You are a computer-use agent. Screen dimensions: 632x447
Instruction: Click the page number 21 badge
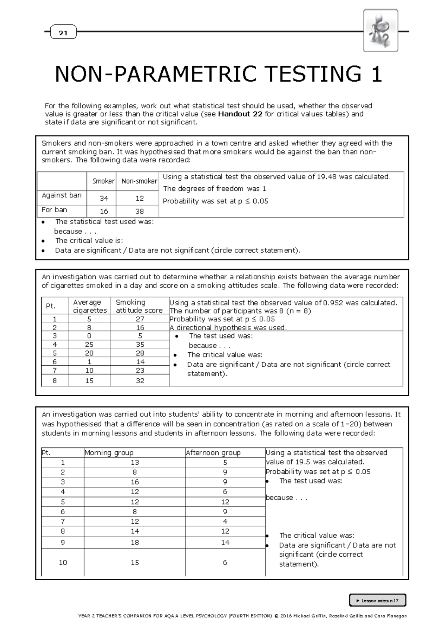point(63,33)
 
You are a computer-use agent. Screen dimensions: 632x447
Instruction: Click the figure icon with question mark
point(380,31)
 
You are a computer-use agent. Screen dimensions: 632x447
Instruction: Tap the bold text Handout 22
point(240,114)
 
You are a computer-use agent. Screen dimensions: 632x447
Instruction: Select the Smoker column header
point(103,181)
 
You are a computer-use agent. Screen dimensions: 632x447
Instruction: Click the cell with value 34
point(104,199)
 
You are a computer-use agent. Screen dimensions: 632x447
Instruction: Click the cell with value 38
point(139,211)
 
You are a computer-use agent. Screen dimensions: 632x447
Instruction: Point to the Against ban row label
point(61,195)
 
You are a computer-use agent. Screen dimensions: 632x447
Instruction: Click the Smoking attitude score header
point(139,306)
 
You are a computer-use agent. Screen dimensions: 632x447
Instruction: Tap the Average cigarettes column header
point(89,306)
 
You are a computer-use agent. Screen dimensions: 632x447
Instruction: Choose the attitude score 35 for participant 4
point(140,344)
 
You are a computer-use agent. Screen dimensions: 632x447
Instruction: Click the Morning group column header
point(109,453)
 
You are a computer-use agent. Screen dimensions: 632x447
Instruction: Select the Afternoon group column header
point(213,453)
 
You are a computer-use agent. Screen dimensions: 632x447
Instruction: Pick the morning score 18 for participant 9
point(134,543)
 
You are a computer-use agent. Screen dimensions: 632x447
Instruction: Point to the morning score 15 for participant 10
point(134,562)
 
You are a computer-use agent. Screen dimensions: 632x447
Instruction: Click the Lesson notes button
point(377,600)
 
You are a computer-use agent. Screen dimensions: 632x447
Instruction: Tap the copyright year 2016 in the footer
point(285,616)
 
